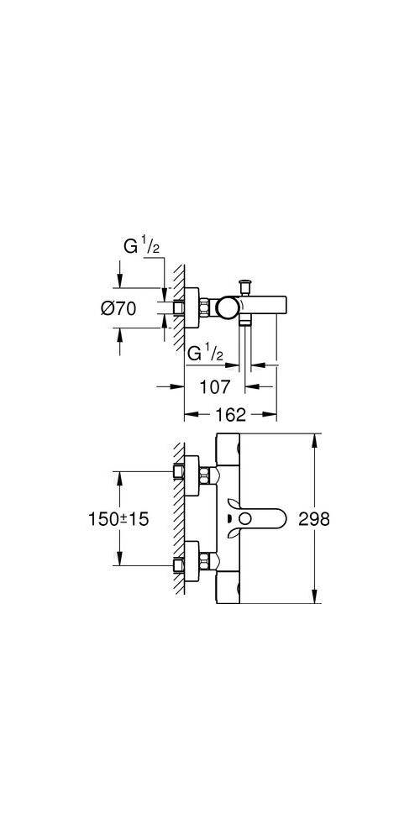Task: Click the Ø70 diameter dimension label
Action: click(118, 308)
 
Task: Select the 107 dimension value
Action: click(214, 386)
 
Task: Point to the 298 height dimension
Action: click(314, 518)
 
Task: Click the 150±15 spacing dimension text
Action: click(118, 518)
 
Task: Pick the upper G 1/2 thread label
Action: click(141, 246)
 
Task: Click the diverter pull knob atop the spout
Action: click(246, 287)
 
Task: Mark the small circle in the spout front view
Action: click(245, 518)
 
